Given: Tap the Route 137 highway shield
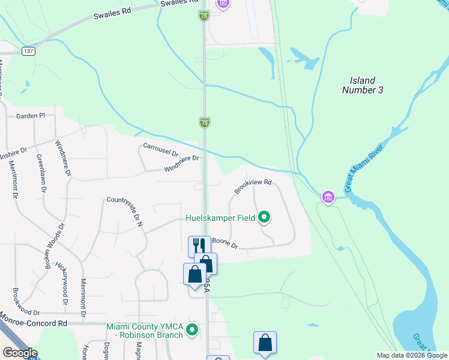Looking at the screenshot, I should click(x=28, y=52).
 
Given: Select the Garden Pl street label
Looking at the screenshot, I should click(x=31, y=116).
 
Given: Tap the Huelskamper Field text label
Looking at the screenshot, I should click(x=220, y=218).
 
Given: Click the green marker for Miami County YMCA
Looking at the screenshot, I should click(x=192, y=330).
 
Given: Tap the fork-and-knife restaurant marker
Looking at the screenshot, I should click(x=199, y=245).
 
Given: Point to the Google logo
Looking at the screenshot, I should click(x=19, y=353).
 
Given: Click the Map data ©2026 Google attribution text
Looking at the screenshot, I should click(x=412, y=355).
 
